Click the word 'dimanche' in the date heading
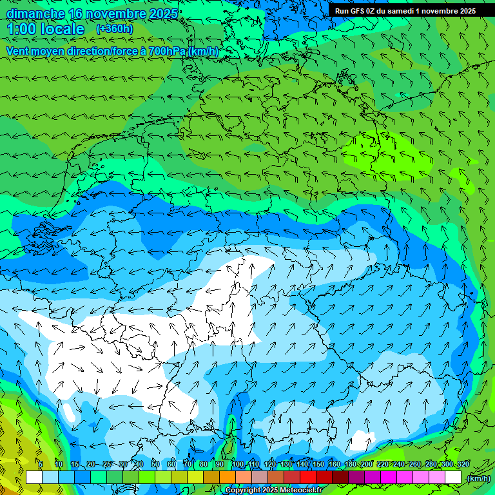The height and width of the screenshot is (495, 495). pyautogui.click(x=35, y=14)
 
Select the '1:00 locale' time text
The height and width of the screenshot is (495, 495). pyautogui.click(x=46, y=29)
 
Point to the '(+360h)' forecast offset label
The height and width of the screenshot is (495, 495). pyautogui.click(x=114, y=28)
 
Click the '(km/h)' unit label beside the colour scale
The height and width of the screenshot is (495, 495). pyautogui.click(x=477, y=478)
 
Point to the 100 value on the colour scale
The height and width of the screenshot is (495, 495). pyautogui.click(x=238, y=464)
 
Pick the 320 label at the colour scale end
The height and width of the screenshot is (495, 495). pyautogui.click(x=463, y=464)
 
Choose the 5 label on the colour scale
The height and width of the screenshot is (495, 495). pyautogui.click(x=41, y=464)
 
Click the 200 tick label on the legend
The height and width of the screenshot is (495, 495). pyautogui.click(x=367, y=464)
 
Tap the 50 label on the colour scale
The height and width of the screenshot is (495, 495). pyautogui.click(x=155, y=464)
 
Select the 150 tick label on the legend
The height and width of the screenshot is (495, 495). pyautogui.click(x=318, y=464)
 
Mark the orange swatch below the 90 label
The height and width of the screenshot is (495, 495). pyautogui.click(x=227, y=478)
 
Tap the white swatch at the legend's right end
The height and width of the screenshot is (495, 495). pyautogui.click(x=453, y=478)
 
